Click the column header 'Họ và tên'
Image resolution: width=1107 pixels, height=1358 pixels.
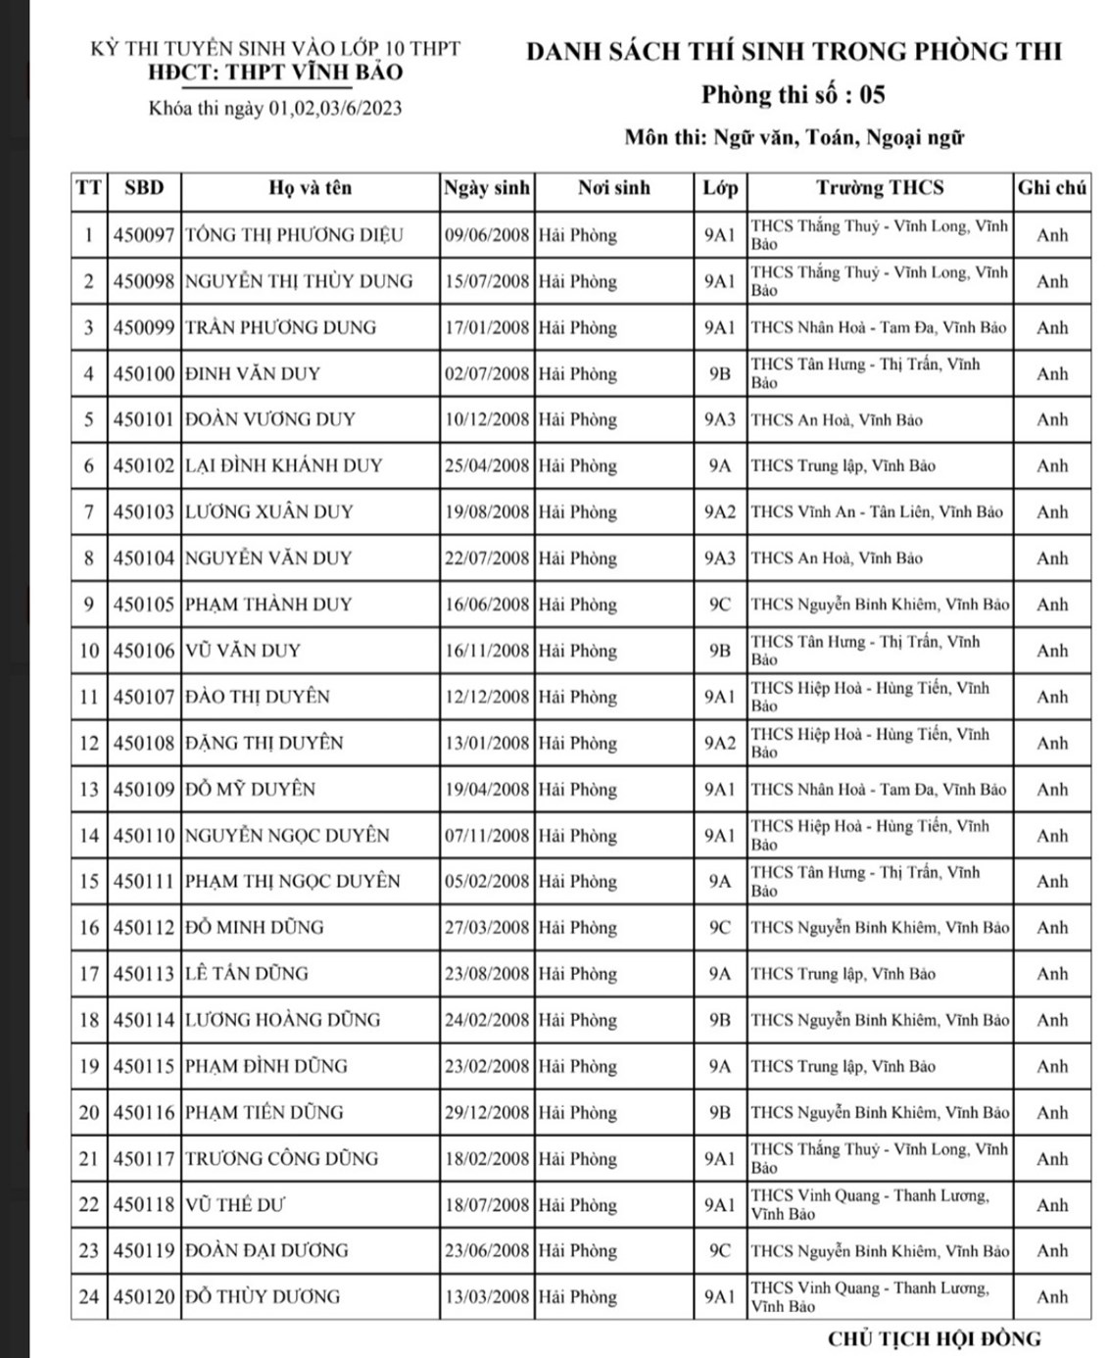click(310, 188)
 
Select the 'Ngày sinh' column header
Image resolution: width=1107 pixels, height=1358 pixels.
click(487, 188)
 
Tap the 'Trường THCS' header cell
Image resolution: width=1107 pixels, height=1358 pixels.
click(880, 188)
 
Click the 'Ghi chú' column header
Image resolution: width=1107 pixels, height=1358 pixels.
click(1052, 188)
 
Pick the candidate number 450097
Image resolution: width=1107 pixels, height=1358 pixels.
click(143, 235)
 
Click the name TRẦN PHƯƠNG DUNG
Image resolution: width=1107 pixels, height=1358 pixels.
click(281, 327)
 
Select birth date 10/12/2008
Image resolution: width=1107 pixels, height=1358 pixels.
click(487, 419)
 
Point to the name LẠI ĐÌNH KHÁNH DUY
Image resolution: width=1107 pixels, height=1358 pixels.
click(284, 465)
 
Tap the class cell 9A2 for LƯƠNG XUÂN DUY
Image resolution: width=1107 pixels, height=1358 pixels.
click(719, 511)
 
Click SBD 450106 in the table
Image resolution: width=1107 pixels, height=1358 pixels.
click(143, 651)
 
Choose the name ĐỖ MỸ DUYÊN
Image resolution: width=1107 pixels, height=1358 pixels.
click(251, 789)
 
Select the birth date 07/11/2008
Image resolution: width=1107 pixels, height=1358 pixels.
click(487, 836)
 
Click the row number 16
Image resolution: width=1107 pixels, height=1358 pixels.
click(89, 927)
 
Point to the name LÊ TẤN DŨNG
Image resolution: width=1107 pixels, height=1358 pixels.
click(247, 974)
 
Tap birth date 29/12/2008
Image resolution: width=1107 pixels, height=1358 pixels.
click(487, 1112)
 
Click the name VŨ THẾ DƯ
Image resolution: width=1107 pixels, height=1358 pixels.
click(235, 1205)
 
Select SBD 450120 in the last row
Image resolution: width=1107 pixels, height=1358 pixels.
click(143, 1297)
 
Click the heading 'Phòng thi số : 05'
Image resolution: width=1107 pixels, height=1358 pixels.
click(793, 95)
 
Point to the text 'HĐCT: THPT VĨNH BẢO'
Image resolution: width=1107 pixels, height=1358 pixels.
click(275, 73)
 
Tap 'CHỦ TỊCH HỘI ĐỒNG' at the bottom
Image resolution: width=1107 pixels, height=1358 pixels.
click(934, 1338)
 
